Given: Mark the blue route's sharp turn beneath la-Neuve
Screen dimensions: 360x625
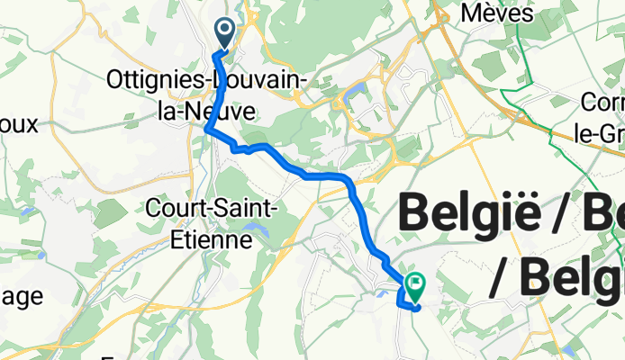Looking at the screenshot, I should tap(208, 130).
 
